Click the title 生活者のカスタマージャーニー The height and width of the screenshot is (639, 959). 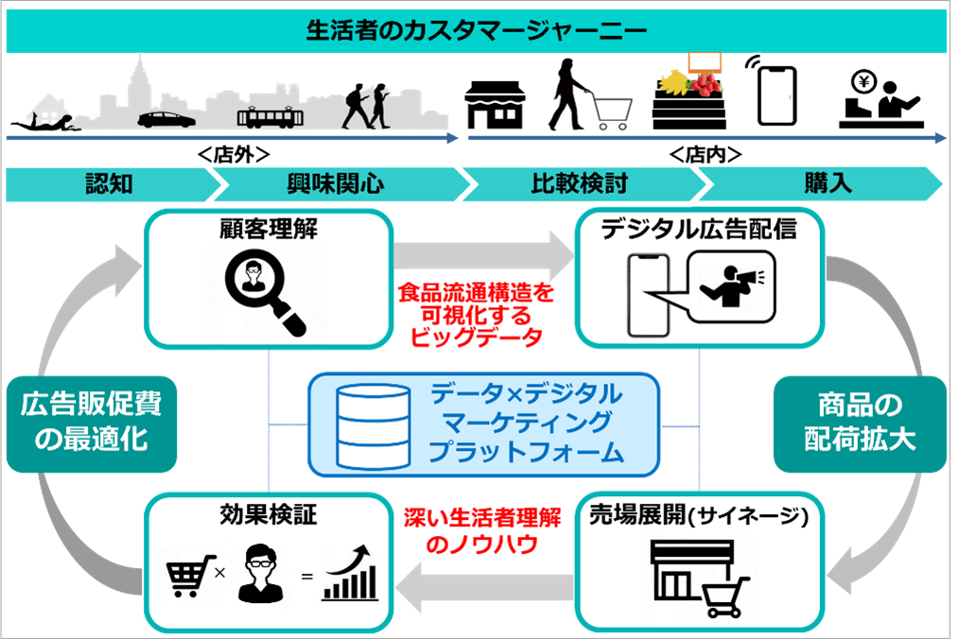point(478,30)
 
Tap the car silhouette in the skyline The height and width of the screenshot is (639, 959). point(166,120)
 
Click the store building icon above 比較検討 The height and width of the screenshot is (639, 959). point(495,103)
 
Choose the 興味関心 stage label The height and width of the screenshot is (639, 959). point(335,183)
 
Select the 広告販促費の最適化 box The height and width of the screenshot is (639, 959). point(91,423)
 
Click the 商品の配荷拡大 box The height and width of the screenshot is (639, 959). point(860,423)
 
